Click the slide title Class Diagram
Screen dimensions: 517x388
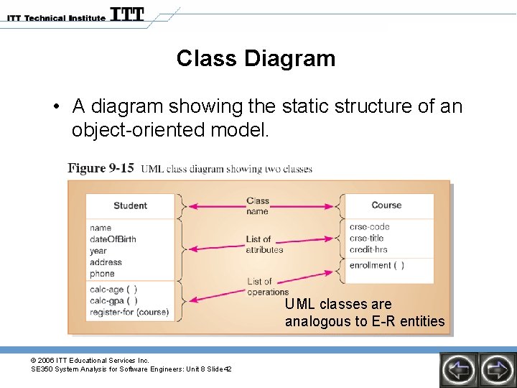point(256,58)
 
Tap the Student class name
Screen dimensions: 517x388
point(130,205)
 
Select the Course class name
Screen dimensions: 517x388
point(386,205)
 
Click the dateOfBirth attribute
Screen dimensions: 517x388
point(113,239)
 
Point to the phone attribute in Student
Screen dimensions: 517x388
point(102,274)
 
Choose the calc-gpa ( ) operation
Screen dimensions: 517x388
point(113,301)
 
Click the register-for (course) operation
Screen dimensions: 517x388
point(129,313)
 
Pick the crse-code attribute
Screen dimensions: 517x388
point(370,227)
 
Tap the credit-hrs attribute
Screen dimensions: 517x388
point(368,249)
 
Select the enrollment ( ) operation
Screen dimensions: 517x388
point(376,265)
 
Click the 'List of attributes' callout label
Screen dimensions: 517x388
point(264,244)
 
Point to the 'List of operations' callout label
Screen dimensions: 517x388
point(266,287)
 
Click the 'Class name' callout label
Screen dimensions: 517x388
point(257,206)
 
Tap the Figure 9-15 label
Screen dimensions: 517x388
point(101,168)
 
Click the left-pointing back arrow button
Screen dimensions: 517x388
point(458,369)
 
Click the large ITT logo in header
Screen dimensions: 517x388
point(127,14)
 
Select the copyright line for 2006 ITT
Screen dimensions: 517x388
point(90,360)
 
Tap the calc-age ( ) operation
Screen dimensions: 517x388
point(113,290)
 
